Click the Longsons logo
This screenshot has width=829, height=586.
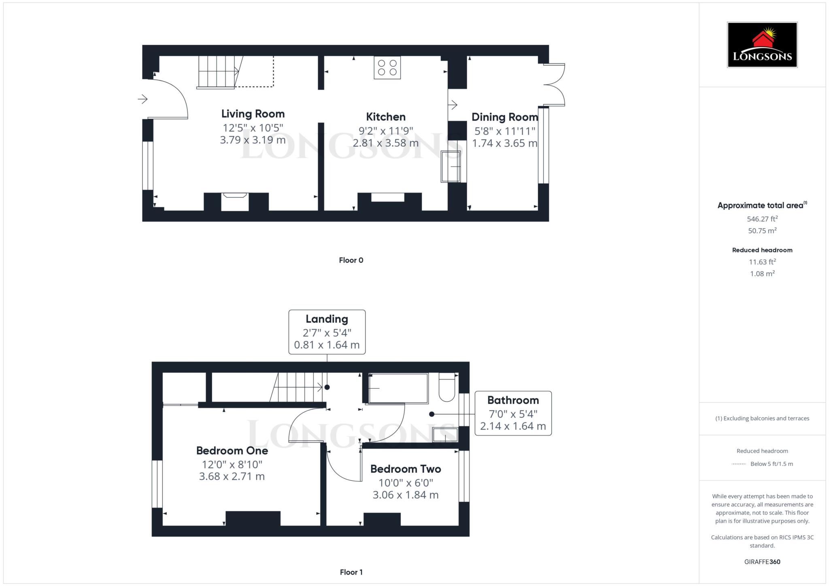tap(762, 44)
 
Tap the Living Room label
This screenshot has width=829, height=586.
tap(253, 114)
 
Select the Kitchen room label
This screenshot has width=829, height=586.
tap(385, 117)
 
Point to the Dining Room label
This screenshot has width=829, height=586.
tap(504, 117)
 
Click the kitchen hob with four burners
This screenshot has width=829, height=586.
tap(387, 68)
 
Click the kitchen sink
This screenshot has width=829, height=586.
tap(451, 166)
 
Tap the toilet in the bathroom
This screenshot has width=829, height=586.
tap(446, 387)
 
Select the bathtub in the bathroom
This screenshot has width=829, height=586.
tap(398, 388)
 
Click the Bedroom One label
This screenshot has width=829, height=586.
tap(232, 451)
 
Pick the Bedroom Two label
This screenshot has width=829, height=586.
tap(405, 469)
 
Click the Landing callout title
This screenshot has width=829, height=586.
tap(327, 319)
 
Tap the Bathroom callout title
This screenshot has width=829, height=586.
tap(513, 400)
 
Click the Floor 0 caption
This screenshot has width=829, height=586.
tap(351, 260)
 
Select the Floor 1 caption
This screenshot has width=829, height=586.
tap(351, 572)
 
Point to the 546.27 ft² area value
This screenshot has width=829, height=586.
tap(762, 219)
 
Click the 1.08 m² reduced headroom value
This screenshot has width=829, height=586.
tap(762, 274)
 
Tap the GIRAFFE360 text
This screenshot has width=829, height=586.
tap(762, 562)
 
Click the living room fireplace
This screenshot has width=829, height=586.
tap(235, 201)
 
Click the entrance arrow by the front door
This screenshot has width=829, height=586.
tap(142, 99)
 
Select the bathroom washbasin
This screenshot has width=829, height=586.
tap(445, 435)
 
